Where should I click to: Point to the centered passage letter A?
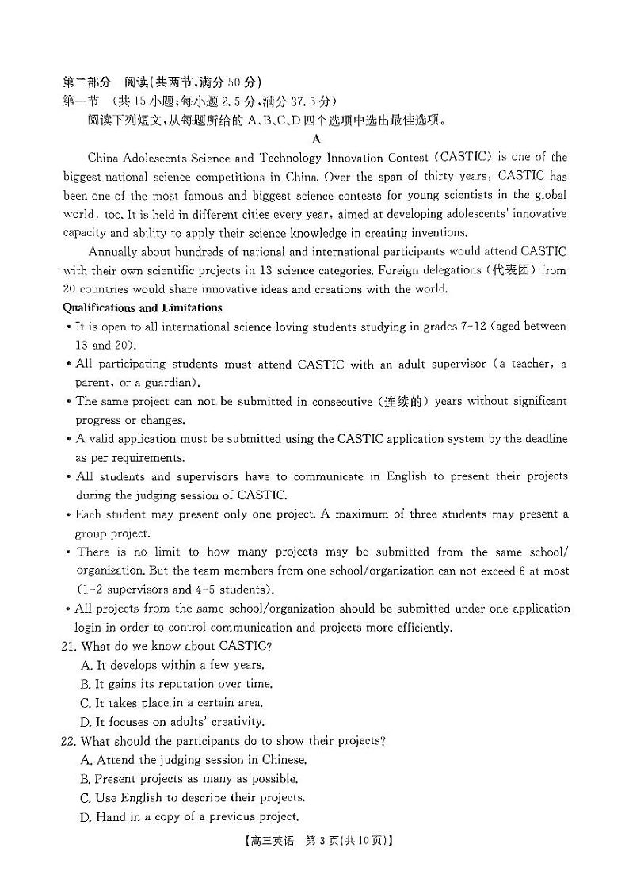(x=316, y=139)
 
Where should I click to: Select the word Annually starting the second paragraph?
(x=112, y=251)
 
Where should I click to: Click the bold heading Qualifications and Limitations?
(x=143, y=307)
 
